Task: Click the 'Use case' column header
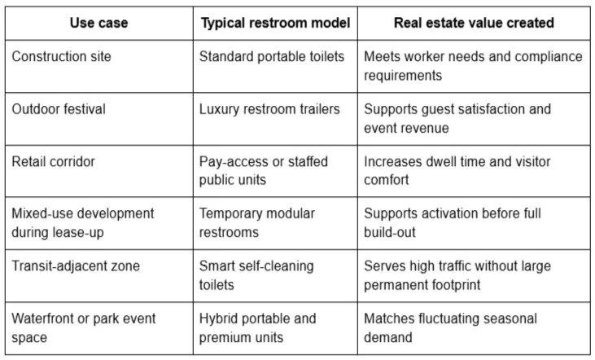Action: tap(98, 23)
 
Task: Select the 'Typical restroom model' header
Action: tap(275, 23)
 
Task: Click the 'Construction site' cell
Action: tap(61, 57)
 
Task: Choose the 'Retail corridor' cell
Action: tap(53, 161)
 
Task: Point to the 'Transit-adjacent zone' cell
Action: tap(75, 266)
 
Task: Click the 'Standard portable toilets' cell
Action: tap(272, 57)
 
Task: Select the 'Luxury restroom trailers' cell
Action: tap(269, 109)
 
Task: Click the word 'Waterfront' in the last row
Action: tap(46, 318)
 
